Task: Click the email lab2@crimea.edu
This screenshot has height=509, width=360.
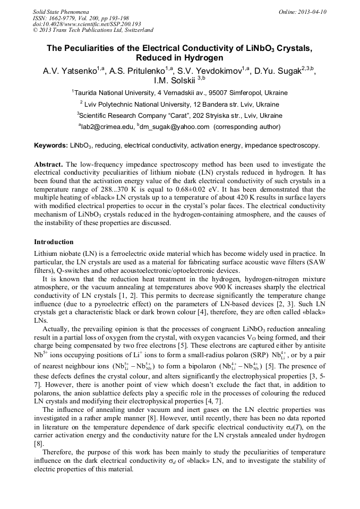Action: [107, 126]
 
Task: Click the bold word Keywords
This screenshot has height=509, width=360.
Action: [50, 145]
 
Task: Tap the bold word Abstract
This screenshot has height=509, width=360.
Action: [49, 165]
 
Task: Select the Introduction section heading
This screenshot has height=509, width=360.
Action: [54, 241]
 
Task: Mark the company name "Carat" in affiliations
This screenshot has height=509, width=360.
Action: [169, 115]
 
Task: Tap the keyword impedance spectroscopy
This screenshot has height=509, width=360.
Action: [285, 145]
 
